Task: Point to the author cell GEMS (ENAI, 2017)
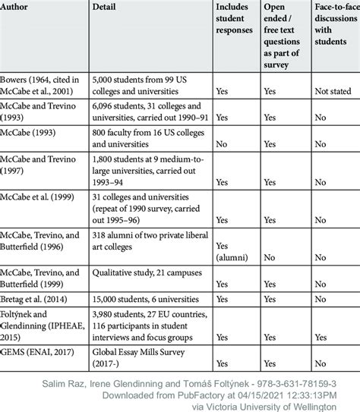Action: coord(44,351)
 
